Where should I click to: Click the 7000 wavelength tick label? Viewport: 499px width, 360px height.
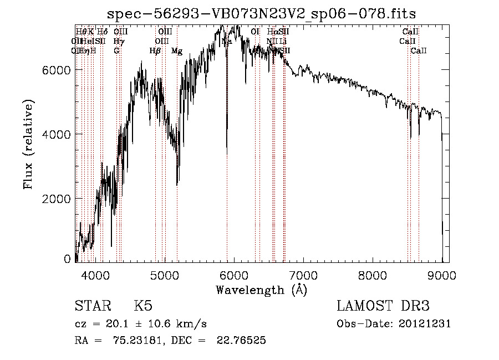coord(303,275)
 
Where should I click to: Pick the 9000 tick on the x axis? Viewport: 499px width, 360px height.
coord(442,275)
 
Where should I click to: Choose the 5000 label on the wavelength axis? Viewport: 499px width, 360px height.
coord(165,275)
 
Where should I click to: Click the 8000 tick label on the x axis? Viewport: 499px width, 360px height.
coord(373,275)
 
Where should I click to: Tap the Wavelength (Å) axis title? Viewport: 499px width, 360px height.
coord(261,290)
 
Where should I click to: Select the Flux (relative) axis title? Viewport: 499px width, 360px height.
coord(28,144)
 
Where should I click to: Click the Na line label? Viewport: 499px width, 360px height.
coord(226,42)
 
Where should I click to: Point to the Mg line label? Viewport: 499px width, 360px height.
coord(177,51)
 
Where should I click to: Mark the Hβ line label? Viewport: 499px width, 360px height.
coord(155,51)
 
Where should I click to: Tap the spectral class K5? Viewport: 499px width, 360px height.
coord(143,306)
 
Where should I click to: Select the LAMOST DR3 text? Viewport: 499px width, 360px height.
coord(383,306)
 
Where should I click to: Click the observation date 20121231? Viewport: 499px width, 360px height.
coord(425,324)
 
